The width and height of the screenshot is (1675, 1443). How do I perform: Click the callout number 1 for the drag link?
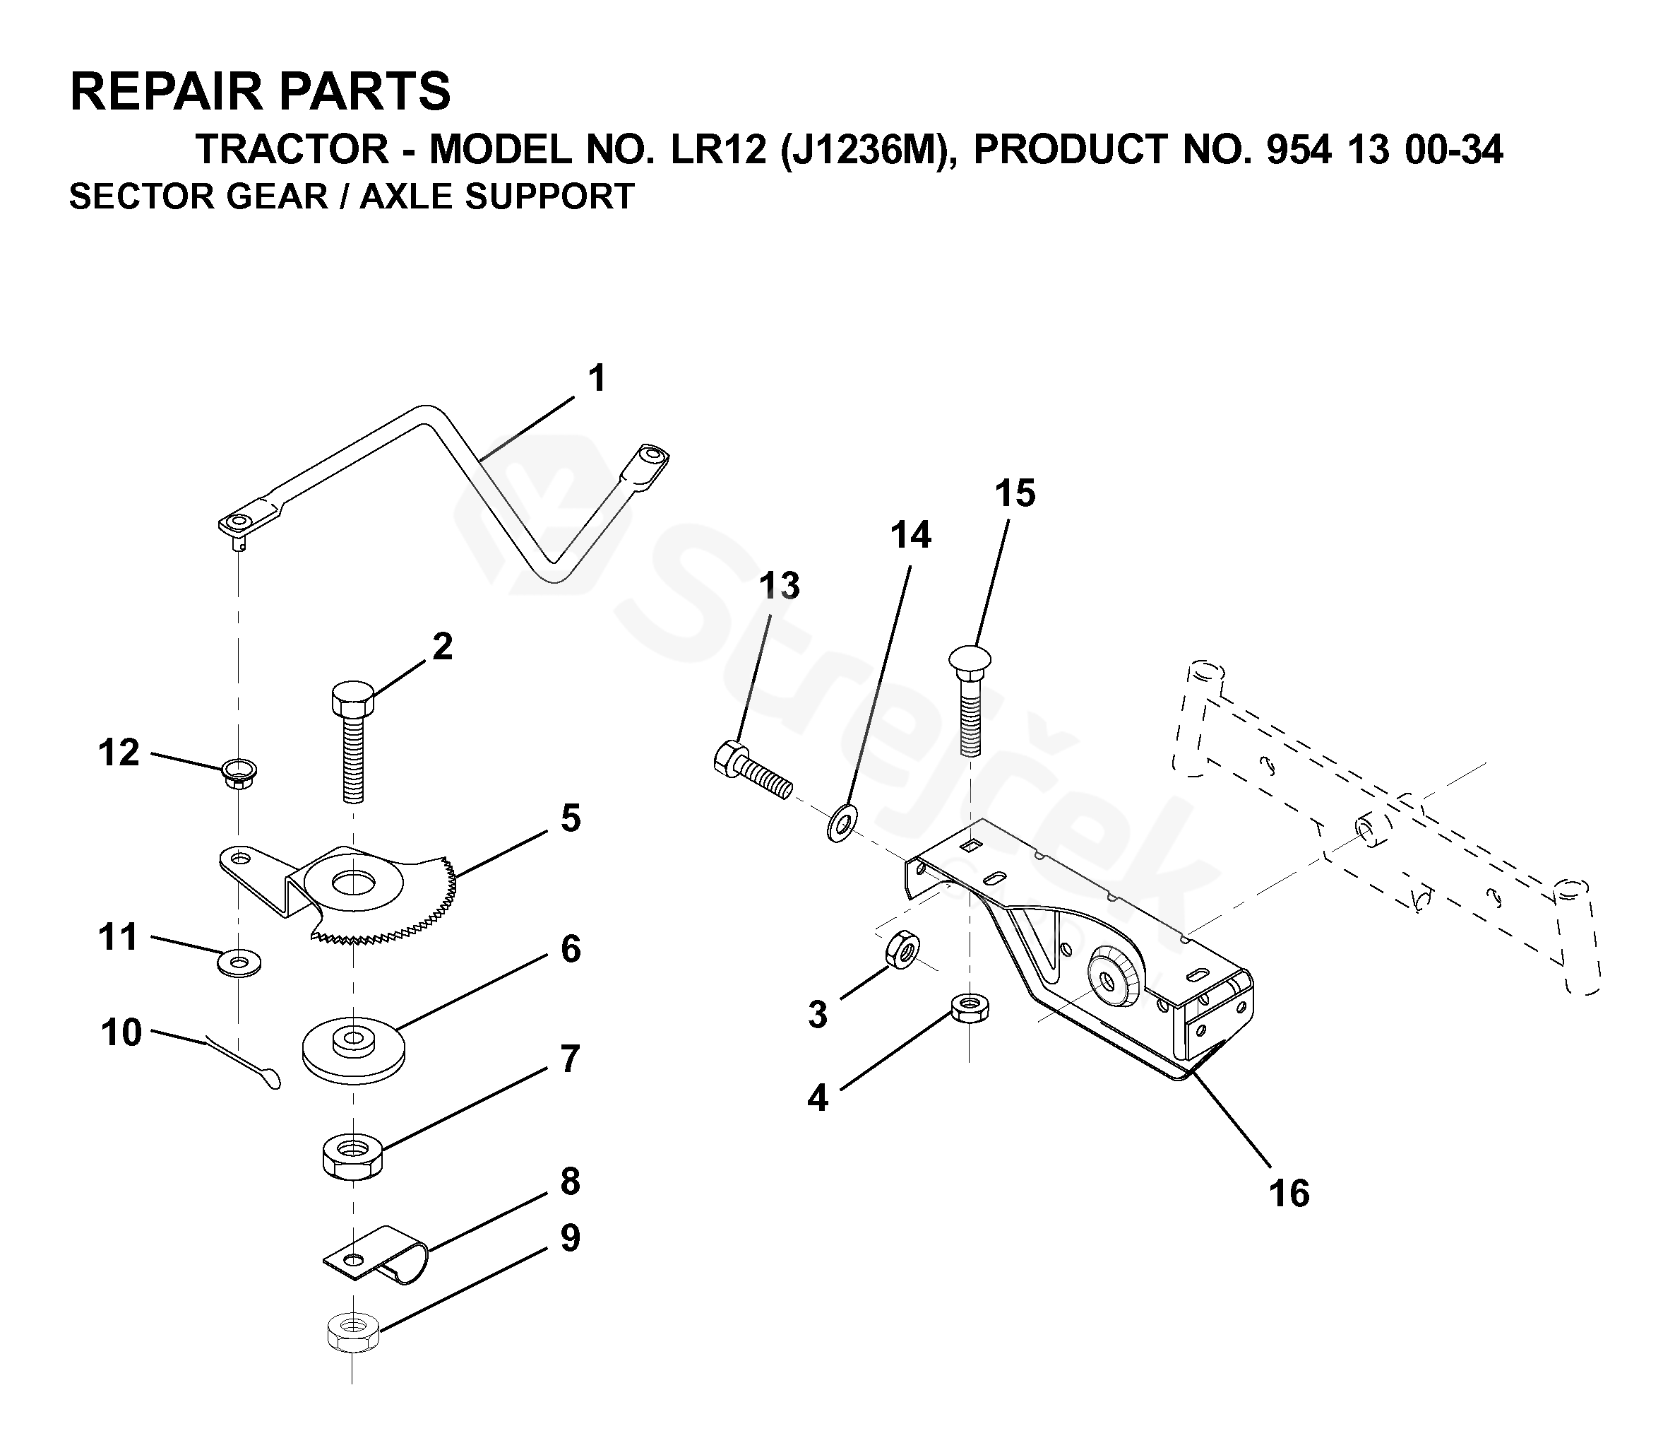597,379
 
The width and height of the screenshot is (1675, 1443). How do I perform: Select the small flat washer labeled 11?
239,963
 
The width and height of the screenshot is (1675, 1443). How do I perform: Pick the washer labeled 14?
842,823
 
